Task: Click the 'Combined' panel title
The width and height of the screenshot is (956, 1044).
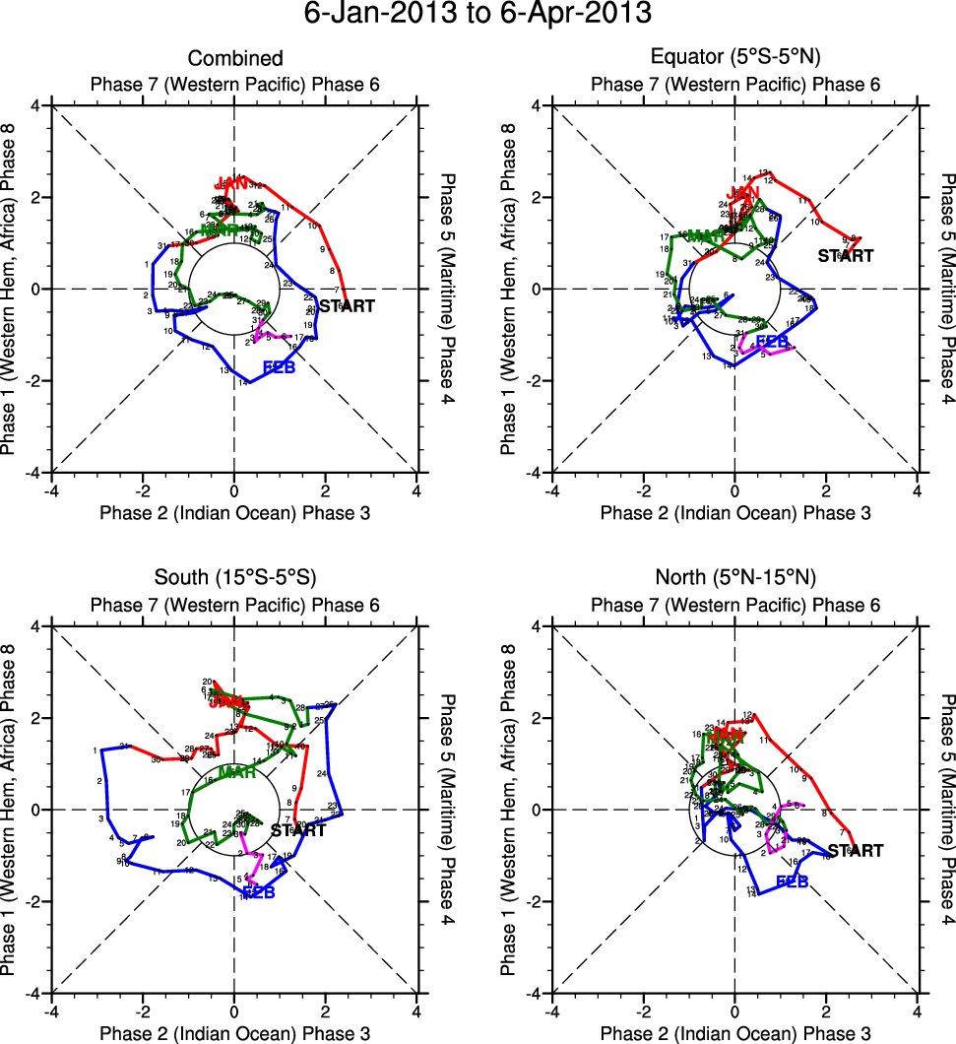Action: [235, 59]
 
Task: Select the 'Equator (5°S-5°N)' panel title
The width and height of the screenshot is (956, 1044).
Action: [735, 59]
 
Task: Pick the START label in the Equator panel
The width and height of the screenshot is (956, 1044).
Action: [846, 256]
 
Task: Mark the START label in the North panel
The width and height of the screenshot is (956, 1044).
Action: [855, 851]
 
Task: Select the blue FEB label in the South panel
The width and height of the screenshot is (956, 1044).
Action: [258, 891]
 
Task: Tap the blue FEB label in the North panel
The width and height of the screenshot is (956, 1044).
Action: [793, 881]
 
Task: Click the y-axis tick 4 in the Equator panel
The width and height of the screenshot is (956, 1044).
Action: [537, 105]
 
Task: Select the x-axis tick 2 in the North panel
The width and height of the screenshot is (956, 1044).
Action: [826, 1011]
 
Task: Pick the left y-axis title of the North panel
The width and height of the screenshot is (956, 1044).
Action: [509, 809]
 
